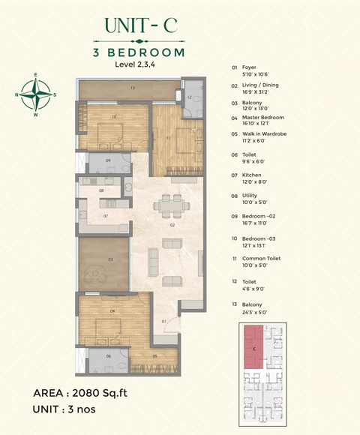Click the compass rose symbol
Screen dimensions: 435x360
pyautogui.click(x=34, y=94)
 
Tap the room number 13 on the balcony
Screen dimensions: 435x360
pyautogui.click(x=132, y=88)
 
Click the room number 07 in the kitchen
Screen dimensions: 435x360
pyautogui.click(x=106, y=216)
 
